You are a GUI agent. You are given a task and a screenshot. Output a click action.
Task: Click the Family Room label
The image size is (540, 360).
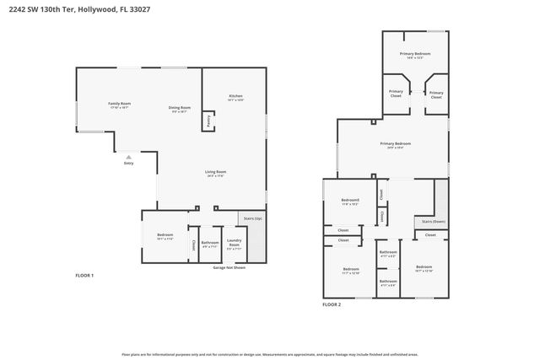(x=119, y=104)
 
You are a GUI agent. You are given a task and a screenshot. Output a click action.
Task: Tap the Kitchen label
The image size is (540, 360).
(x=235, y=97)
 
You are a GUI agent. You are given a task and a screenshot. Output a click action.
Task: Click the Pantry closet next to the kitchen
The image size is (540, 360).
(x=208, y=120)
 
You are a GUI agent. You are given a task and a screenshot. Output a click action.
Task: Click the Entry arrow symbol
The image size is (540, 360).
(x=128, y=157)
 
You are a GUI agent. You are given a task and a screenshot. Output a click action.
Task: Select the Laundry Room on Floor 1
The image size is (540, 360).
(x=235, y=245)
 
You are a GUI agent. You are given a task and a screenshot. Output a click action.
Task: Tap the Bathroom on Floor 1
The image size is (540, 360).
(x=210, y=244)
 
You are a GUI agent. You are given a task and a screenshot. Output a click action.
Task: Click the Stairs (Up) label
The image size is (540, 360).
(x=253, y=218)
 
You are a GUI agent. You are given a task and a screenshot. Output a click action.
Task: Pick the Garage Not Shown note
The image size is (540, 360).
(x=228, y=267)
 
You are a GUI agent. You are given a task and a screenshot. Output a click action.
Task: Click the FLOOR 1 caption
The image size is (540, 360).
(x=84, y=276)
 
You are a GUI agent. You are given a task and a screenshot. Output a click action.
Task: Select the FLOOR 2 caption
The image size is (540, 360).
(x=332, y=304)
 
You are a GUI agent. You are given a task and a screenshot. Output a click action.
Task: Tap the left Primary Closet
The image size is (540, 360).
(x=396, y=94)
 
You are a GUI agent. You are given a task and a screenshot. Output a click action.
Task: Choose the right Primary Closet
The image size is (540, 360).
(x=435, y=94)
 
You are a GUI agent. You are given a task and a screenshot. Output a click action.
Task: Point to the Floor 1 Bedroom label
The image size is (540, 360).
(x=165, y=237)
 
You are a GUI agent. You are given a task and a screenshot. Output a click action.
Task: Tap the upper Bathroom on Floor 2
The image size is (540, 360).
(x=387, y=253)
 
